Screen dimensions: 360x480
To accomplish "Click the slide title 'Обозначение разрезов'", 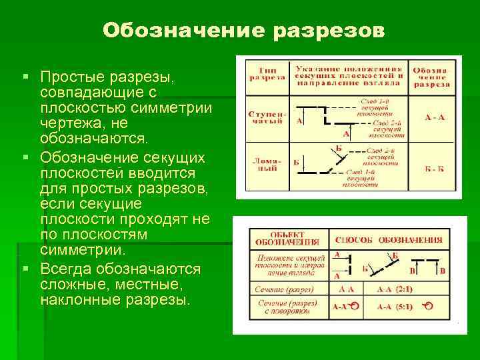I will click(243, 31).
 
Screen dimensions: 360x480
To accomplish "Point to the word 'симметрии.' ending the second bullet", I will click(82, 251).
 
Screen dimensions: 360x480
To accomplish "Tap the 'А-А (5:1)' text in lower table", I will click(395, 307).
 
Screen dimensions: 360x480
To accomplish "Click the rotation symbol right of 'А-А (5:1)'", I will click(429, 307).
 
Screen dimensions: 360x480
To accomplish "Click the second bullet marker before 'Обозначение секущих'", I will click(26, 157).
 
